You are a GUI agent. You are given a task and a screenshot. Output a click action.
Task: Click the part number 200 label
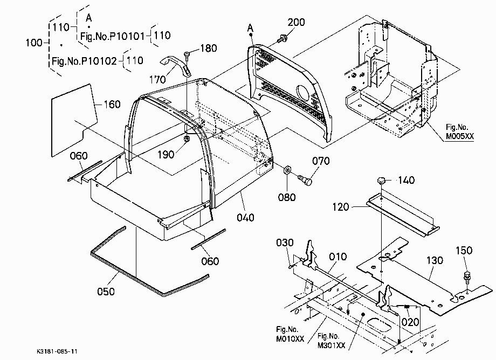(x=296, y=22)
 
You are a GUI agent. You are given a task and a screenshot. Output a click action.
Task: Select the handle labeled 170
(x=176, y=65)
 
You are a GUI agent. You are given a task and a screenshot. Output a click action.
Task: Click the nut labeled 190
(x=187, y=139)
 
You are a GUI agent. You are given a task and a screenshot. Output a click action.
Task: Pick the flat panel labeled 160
(x=74, y=120)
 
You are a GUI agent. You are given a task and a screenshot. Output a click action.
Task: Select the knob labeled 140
(x=382, y=181)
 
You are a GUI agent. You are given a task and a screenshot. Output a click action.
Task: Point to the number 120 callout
(x=340, y=207)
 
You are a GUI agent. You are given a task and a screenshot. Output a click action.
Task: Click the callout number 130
(x=435, y=260)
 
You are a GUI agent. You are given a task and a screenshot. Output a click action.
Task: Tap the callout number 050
(x=106, y=292)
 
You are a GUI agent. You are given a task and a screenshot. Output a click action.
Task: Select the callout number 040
(x=245, y=218)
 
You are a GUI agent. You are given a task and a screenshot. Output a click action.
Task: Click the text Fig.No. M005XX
(x=460, y=132)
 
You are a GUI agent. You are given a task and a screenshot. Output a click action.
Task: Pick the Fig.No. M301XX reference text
(x=331, y=341)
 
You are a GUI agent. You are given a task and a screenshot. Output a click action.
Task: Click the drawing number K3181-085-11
(x=57, y=351)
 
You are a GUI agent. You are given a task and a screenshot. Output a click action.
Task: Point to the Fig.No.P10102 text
(x=84, y=61)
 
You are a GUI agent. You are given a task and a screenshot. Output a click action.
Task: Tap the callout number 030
(x=285, y=243)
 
